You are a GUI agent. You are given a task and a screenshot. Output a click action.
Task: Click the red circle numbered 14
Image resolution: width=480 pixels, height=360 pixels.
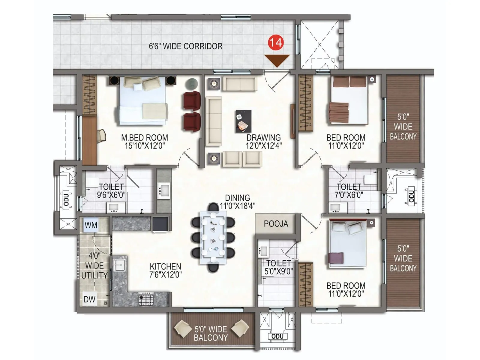[275, 42]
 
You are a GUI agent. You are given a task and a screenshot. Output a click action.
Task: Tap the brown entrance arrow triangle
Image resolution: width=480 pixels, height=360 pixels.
[277, 60]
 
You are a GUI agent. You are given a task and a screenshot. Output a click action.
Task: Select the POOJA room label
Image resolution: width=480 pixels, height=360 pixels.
[276, 224]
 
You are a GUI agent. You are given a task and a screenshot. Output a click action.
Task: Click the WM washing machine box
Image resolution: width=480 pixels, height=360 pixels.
[91, 225]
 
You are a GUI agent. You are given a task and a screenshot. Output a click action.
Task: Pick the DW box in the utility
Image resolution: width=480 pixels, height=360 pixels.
[89, 299]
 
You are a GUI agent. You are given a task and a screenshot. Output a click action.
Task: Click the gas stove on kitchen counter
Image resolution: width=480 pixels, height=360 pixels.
[146, 299]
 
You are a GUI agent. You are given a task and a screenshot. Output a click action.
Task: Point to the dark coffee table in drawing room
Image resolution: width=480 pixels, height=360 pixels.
[243, 121]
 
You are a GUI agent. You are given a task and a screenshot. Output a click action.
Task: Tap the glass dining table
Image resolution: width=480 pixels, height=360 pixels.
[213, 237]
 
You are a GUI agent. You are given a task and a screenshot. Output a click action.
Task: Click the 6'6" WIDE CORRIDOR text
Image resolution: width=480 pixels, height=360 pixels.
[186, 46]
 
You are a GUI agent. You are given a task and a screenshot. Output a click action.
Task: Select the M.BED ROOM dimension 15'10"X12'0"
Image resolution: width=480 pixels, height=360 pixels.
[145, 146]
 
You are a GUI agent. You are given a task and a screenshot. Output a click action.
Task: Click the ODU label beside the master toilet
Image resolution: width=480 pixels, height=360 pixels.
[66, 199]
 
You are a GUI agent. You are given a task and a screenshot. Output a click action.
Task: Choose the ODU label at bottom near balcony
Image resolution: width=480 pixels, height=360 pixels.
[277, 336]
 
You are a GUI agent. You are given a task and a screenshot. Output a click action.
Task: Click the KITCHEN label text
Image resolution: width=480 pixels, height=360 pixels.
[165, 266]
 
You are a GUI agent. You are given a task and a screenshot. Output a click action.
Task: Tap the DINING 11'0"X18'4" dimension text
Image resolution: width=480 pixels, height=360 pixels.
[237, 206]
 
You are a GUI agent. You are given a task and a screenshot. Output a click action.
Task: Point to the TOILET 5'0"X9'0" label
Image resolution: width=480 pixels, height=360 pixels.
[278, 267]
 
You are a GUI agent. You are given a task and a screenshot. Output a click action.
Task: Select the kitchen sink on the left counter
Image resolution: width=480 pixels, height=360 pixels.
[119, 265]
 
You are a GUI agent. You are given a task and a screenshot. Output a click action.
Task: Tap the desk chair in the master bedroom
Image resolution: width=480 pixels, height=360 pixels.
[102, 135]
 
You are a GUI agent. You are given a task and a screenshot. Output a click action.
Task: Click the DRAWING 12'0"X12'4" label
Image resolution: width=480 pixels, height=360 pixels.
[263, 142]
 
